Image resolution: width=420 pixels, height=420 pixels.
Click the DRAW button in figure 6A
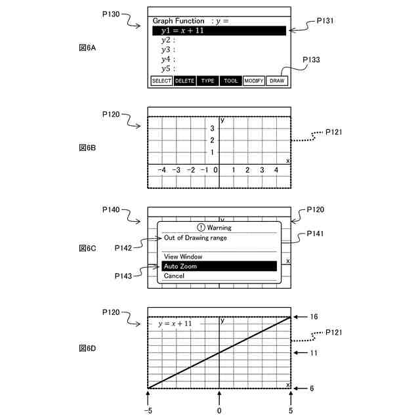click(277, 81)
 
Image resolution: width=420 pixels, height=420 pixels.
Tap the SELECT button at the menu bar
click(161, 81)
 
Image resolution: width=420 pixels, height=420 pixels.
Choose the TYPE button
click(207, 81)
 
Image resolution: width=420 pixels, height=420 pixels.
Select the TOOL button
click(230, 81)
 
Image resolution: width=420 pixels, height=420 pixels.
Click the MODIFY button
click(253, 81)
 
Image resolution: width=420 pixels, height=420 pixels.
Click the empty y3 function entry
click(168, 50)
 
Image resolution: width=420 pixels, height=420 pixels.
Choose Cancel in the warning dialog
click(174, 276)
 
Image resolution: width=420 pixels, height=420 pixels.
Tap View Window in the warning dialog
click(183, 257)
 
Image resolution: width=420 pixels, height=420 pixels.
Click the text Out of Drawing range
click(196, 238)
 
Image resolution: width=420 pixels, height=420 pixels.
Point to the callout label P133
click(312, 60)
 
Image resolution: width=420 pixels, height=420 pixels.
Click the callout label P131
click(325, 21)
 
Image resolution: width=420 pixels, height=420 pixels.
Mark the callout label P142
click(123, 248)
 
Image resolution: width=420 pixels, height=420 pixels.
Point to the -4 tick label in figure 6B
click(162, 170)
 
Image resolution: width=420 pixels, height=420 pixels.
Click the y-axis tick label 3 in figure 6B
click(212, 129)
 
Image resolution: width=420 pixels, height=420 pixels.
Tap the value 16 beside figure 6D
click(314, 317)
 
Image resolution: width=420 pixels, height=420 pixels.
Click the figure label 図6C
click(87, 249)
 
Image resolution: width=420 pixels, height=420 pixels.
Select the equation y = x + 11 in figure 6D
click(175, 324)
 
